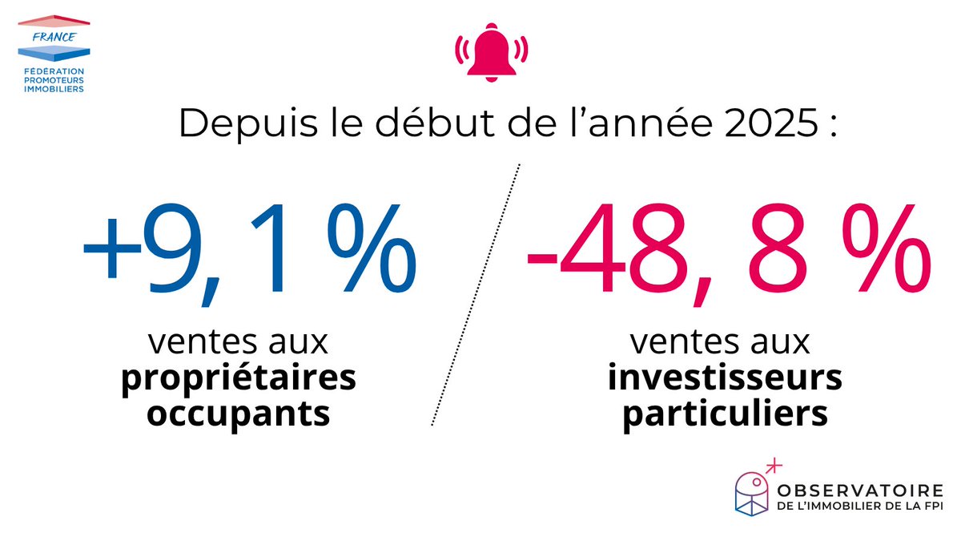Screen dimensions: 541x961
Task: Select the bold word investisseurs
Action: click(725, 378)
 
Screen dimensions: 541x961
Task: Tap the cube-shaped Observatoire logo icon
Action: click(753, 491)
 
